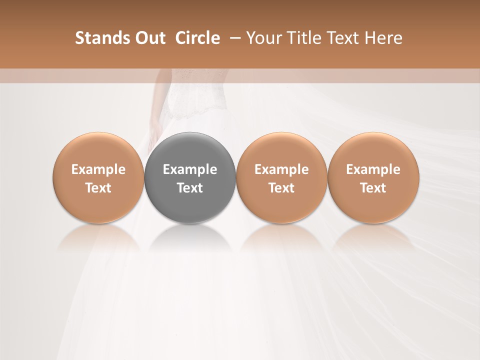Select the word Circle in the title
(x=197, y=38)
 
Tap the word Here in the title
(x=384, y=38)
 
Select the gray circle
(x=190, y=150)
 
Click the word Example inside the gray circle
(x=190, y=169)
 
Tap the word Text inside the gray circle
(x=190, y=188)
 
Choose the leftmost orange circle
(x=98, y=150)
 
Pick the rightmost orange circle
(x=373, y=150)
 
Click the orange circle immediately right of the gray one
(x=281, y=150)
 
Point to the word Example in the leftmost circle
(x=98, y=169)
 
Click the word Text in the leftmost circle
(x=98, y=188)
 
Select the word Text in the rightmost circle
(x=373, y=188)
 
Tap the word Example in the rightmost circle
(x=373, y=169)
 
